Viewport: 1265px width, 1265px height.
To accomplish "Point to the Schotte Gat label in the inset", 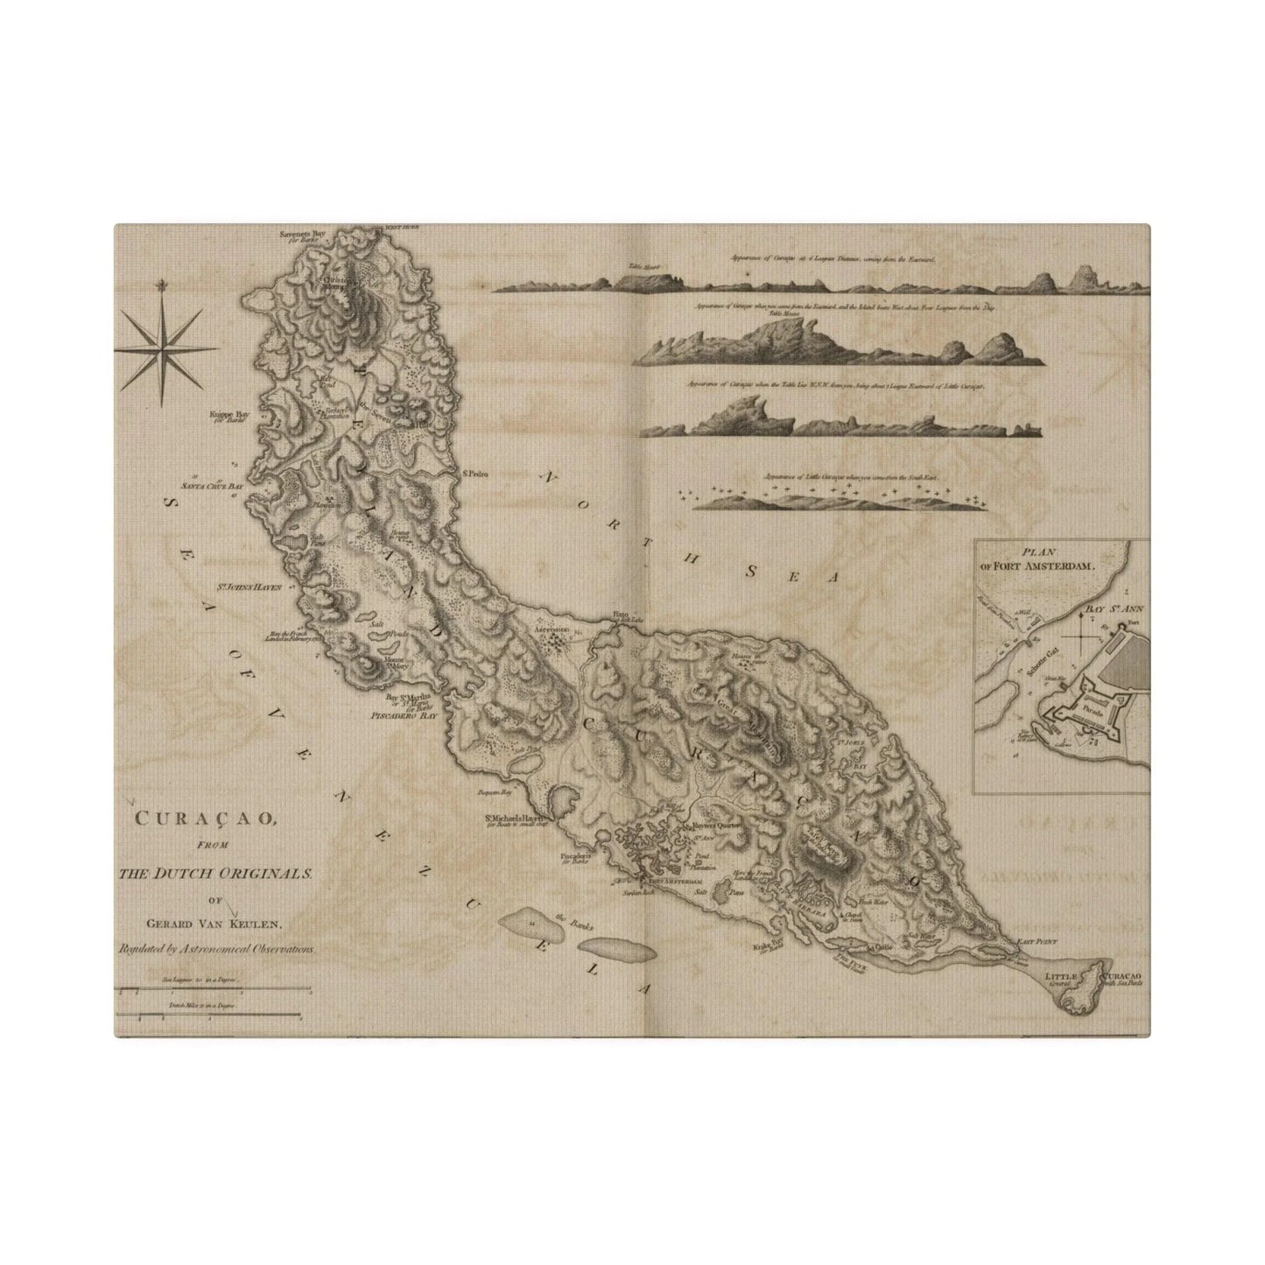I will [1037, 665].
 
